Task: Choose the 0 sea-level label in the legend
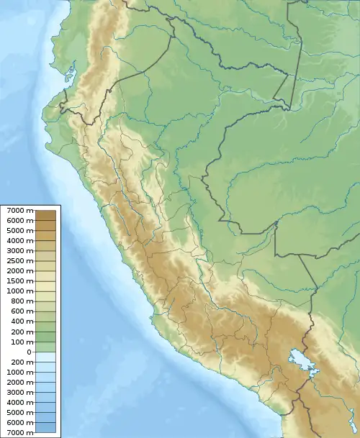30,352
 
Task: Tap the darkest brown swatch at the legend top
48,214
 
